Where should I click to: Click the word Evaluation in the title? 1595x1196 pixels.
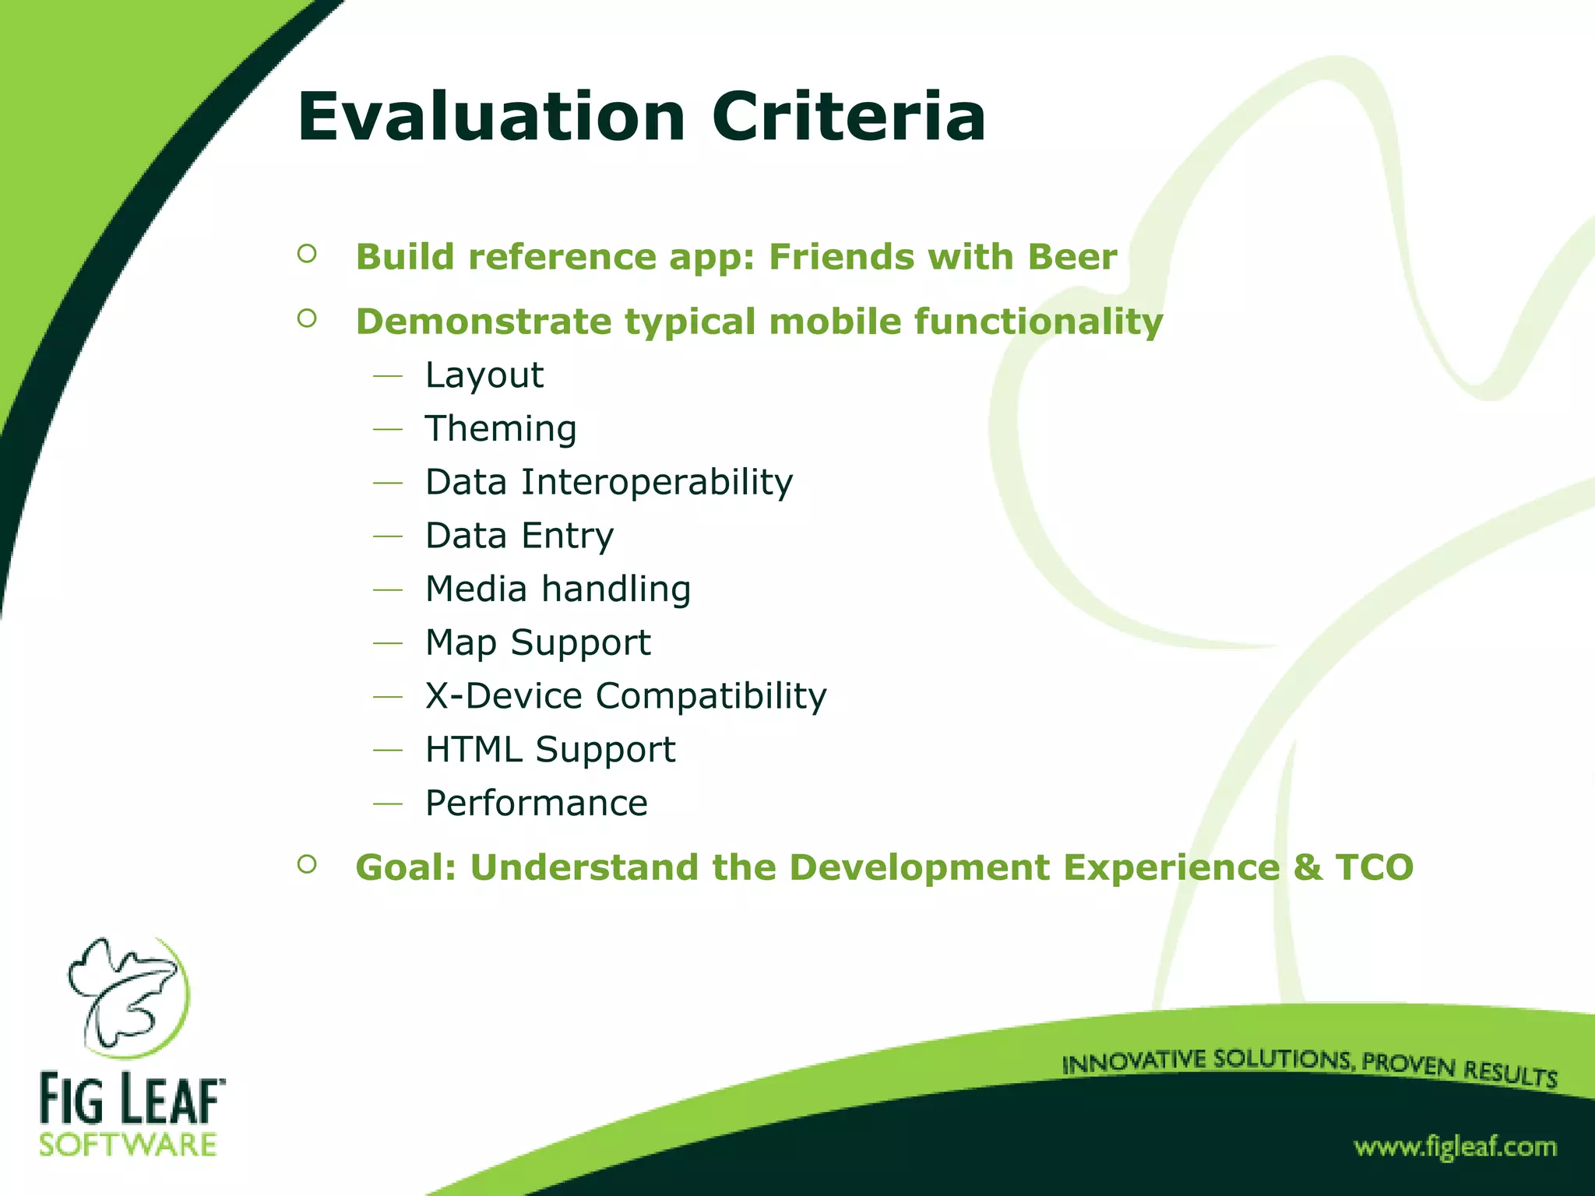pos(491,118)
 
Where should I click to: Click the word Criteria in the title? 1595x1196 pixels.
pos(848,118)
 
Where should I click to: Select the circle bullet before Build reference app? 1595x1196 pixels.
pos(307,254)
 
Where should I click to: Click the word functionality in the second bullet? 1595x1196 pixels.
pos(1037,322)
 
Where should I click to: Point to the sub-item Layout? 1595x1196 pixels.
pos(484,376)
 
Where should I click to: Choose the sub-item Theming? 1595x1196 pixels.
pos(500,429)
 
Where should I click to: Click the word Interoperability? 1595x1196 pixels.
pos(657,483)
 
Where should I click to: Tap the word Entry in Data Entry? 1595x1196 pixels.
pos(567,536)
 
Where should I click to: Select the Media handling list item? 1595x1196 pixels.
pos(558,589)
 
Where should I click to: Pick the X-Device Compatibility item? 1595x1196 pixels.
pos(625,696)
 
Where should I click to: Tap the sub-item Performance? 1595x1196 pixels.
pos(536,804)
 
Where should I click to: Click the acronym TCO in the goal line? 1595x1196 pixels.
pos(1374,867)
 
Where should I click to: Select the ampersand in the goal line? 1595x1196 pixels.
pos(1307,867)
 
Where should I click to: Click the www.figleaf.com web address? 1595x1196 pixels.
pos(1455,1147)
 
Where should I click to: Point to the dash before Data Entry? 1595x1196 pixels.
pos(388,536)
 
